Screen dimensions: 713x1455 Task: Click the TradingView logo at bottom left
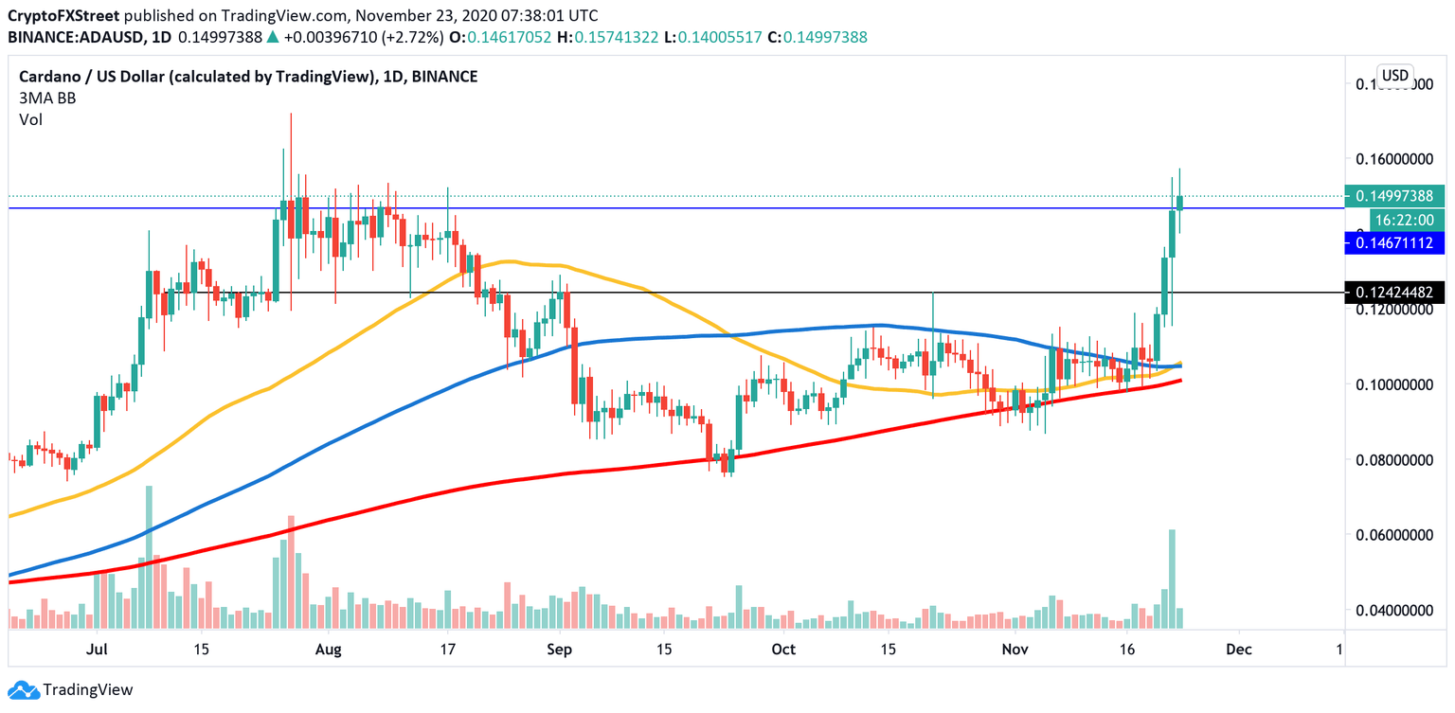(x=71, y=690)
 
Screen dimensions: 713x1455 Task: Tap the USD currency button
(x=1394, y=76)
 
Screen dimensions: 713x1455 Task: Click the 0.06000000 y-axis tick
(x=1391, y=535)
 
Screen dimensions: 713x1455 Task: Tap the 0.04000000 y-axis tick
(x=1391, y=611)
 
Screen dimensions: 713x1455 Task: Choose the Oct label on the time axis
(x=783, y=651)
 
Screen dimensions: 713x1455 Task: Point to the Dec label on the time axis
(x=1239, y=651)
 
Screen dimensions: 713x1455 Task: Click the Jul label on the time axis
(x=96, y=651)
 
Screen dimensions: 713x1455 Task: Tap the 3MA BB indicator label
(x=47, y=98)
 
